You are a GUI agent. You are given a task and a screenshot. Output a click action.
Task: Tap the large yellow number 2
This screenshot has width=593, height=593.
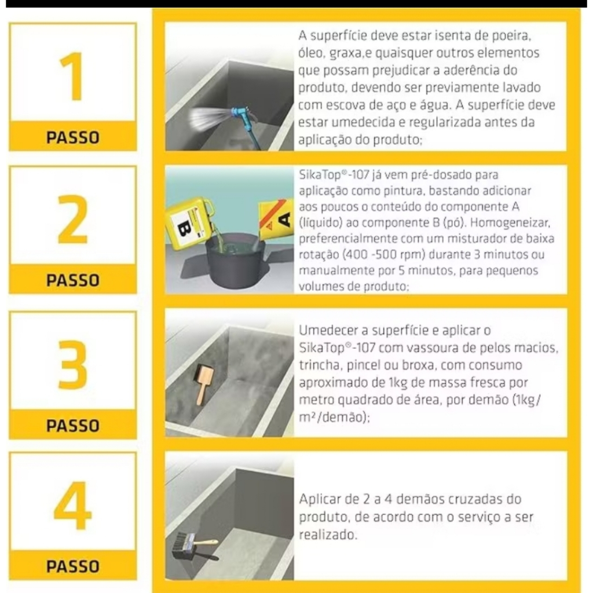[x=72, y=219]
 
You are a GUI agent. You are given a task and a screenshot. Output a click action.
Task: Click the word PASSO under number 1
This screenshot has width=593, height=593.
[x=72, y=137]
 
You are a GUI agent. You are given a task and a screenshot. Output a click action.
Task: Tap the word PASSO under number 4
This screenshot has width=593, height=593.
[x=72, y=566]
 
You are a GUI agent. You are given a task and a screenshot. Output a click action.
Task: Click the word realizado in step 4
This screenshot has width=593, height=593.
[x=328, y=535]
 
